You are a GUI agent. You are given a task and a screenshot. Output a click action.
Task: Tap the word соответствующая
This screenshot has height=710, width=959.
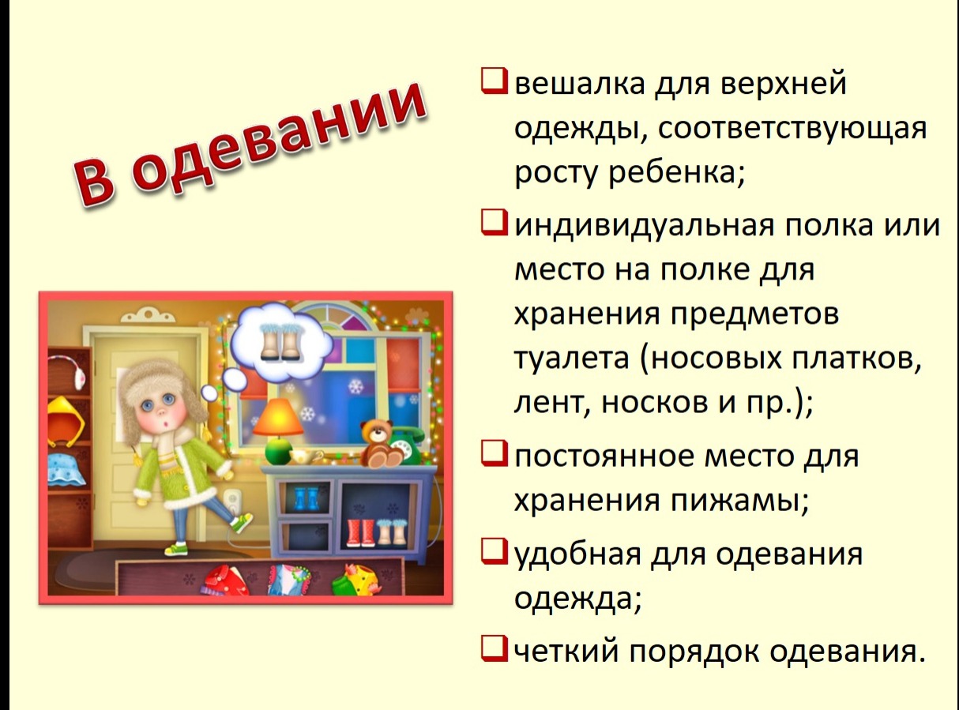click(x=792, y=129)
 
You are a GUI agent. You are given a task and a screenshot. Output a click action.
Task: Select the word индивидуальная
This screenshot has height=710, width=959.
click(x=645, y=226)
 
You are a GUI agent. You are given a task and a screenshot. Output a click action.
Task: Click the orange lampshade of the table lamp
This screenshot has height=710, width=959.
click(x=278, y=416)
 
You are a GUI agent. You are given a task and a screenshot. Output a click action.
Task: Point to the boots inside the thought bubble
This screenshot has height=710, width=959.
click(x=280, y=342)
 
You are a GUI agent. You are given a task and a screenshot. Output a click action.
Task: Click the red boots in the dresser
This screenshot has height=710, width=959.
click(x=361, y=532)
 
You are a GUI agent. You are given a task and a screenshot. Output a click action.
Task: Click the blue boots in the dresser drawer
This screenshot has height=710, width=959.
click(x=305, y=498)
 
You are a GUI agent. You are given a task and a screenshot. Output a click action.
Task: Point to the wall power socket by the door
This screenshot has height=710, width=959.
click(x=232, y=502)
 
